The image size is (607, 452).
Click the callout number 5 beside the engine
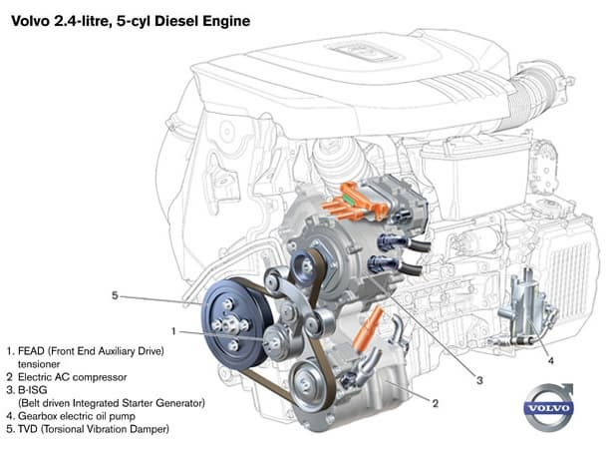[x=115, y=295]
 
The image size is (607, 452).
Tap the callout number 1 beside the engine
[x=172, y=330]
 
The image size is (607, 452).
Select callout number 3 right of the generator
[x=478, y=380]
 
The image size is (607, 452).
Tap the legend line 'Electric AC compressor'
[x=74, y=377]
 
